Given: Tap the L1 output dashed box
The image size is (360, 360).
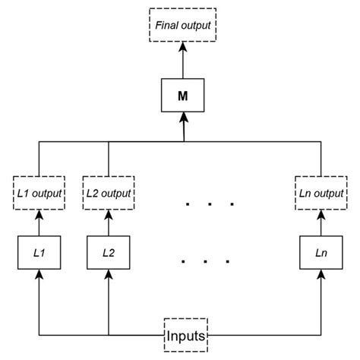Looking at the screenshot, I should click(x=39, y=194).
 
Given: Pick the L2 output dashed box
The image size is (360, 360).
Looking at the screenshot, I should click(x=109, y=194).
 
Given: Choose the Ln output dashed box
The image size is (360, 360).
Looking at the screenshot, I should click(x=317, y=194).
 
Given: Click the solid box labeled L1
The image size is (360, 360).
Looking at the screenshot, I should click(x=39, y=252).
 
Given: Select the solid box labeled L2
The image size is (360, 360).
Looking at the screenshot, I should click(x=109, y=252).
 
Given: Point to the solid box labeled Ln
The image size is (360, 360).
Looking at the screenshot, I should click(x=317, y=252).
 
